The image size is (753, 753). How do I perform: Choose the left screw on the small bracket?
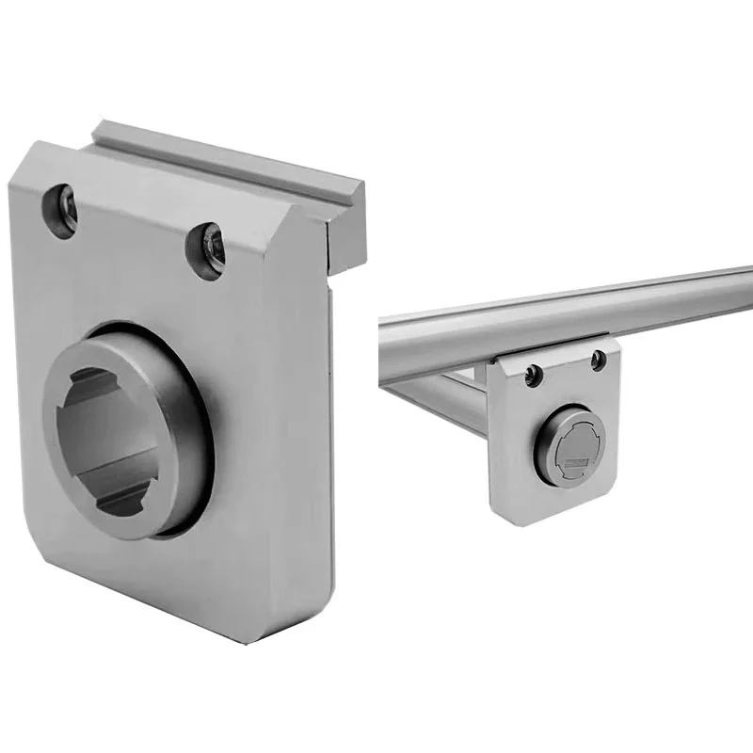534,375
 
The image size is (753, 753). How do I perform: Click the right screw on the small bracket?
597,359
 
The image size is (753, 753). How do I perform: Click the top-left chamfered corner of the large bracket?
28,155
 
